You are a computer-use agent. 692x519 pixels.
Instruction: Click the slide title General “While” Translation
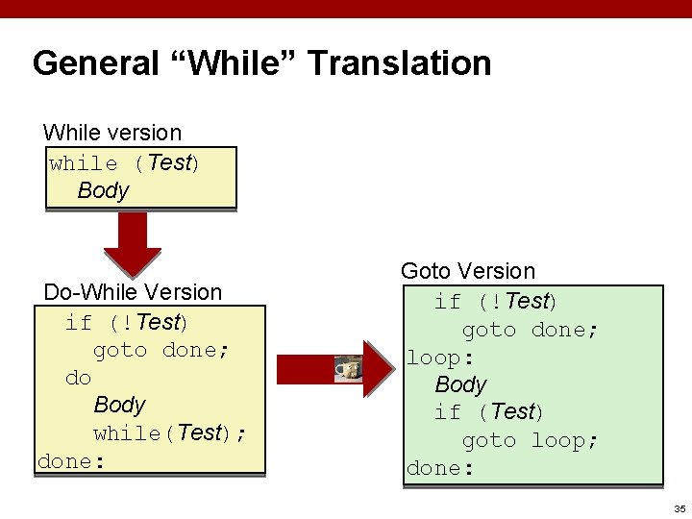tap(261, 63)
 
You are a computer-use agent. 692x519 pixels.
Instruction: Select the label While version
tap(112, 132)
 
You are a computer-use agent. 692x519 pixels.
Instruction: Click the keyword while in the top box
tap(84, 163)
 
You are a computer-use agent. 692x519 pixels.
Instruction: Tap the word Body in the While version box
tap(103, 190)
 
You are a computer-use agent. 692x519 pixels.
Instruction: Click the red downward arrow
tap(133, 244)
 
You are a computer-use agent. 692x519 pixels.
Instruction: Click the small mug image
tap(348, 368)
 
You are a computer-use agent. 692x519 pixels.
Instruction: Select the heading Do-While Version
tap(133, 291)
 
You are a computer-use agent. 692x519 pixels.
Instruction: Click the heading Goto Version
tap(467, 271)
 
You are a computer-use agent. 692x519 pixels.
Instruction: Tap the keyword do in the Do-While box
tap(78, 378)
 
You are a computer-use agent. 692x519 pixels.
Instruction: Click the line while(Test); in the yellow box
tap(169, 432)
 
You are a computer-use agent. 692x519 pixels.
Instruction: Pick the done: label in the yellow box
tap(69, 461)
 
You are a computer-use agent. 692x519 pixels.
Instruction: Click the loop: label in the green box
tap(440, 358)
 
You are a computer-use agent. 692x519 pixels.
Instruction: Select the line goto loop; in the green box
tap(531, 440)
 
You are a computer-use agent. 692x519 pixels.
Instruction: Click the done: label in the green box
tap(440, 468)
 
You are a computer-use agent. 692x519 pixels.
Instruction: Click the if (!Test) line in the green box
tap(495, 302)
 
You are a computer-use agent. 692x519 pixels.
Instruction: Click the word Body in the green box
tap(460, 384)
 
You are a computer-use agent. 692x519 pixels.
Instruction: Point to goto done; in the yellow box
tap(161, 350)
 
